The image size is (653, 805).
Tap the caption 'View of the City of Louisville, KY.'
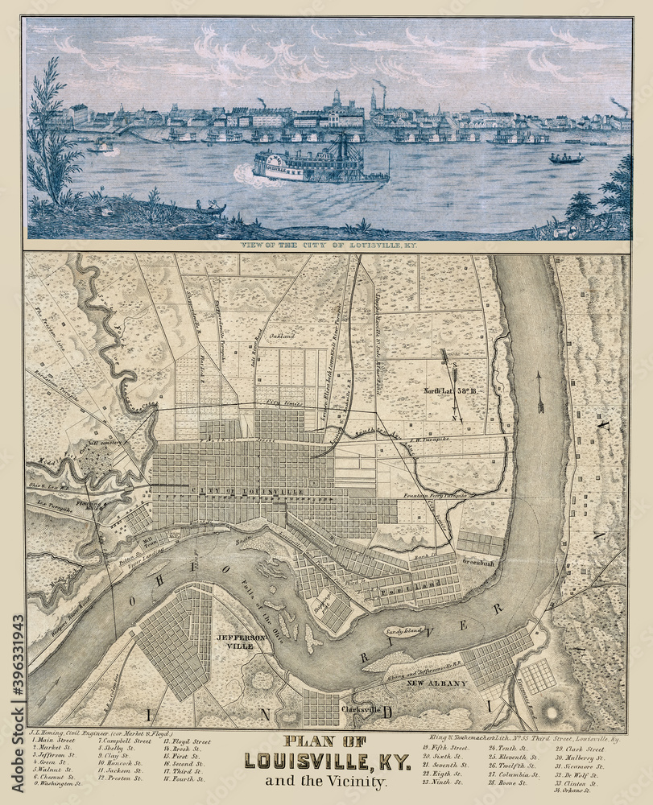click(328, 244)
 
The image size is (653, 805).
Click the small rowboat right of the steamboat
click(566, 159)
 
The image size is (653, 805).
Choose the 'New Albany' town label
click(437, 683)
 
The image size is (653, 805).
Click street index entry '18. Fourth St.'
click(184, 778)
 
